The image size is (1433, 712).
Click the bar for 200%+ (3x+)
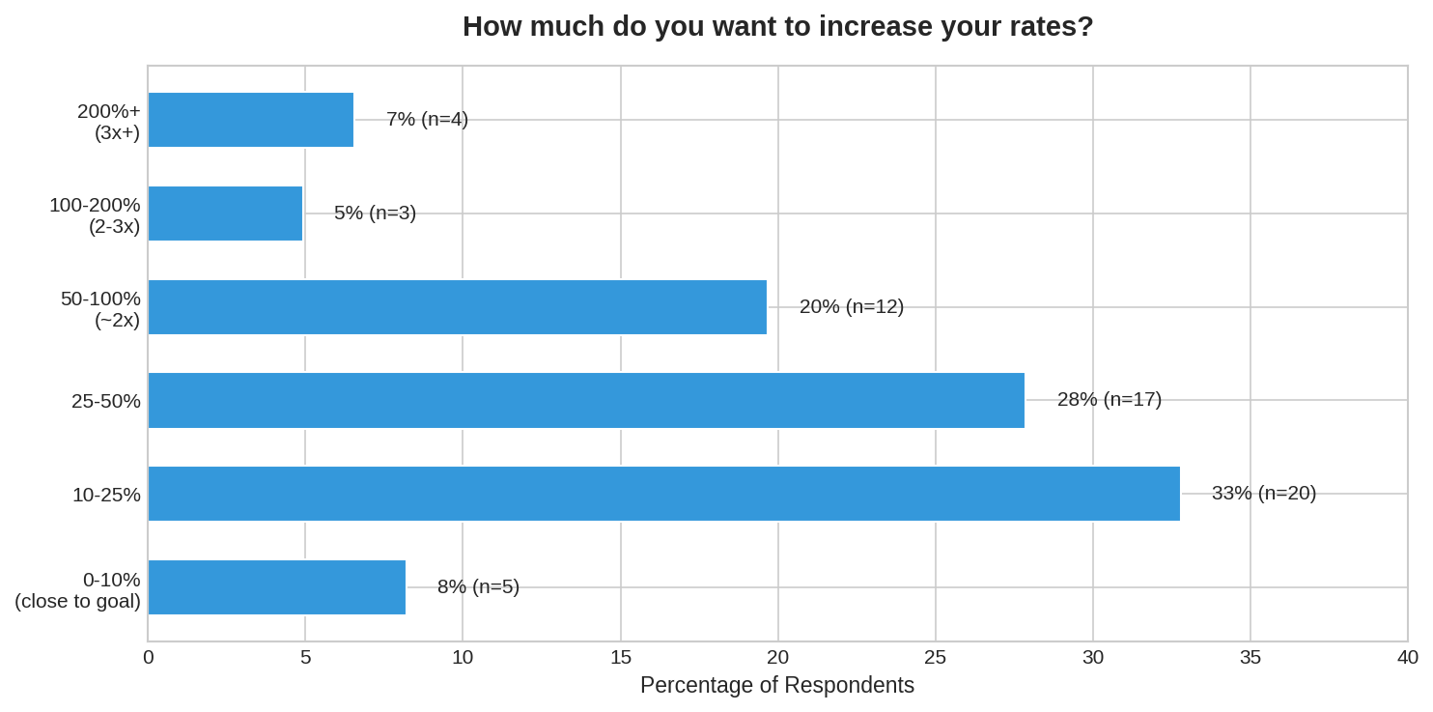tap(251, 120)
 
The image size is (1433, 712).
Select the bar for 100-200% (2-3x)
tap(225, 214)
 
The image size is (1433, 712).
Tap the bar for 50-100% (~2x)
tap(457, 307)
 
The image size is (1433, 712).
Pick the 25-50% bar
tap(586, 400)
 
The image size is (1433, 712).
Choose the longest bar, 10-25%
tap(663, 494)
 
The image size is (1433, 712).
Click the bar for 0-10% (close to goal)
tap(276, 587)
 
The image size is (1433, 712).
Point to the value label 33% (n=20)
tap(1263, 493)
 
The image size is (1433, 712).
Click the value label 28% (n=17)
tap(1109, 399)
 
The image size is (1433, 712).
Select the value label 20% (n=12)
tap(851, 306)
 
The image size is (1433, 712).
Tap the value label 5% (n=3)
tap(375, 213)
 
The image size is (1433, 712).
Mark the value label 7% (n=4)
tap(427, 119)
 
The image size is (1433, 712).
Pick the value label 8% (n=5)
tap(478, 586)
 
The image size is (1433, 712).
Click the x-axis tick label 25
tap(935, 657)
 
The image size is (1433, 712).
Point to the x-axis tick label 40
tap(1407, 657)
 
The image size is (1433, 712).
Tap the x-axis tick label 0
tap(149, 657)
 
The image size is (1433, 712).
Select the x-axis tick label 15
tap(620, 657)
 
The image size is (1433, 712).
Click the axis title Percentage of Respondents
tap(776, 685)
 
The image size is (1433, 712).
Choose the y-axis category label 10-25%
tap(106, 495)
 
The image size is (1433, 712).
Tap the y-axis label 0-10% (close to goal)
tap(78, 590)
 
